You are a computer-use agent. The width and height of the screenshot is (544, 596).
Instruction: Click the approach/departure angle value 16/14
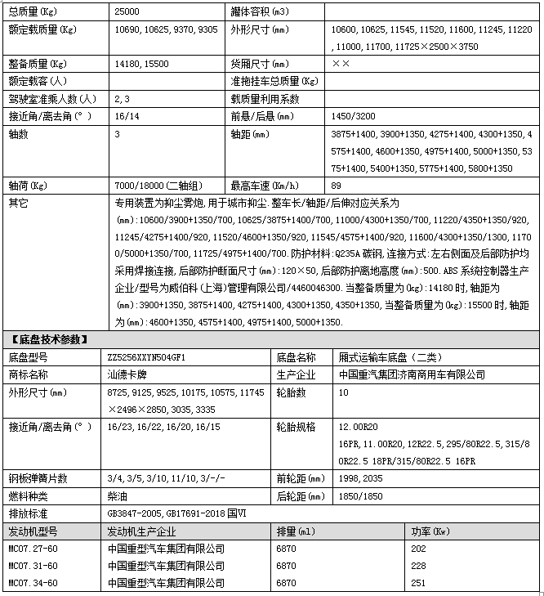coord(128,116)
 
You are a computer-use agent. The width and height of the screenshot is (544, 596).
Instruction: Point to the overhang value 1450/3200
coord(353,116)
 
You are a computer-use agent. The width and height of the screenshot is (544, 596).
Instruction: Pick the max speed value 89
coord(337,185)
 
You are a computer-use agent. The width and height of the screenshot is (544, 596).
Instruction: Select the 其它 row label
coord(17,202)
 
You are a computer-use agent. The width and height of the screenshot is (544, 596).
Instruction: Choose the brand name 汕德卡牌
coord(126,374)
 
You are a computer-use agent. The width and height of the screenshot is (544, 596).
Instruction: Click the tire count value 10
coord(343,392)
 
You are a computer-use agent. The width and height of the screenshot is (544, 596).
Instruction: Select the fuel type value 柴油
coord(117,495)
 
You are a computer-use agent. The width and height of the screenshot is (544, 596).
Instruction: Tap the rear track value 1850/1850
coord(356,495)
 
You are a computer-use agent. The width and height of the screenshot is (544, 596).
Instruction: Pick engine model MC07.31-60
coord(33,565)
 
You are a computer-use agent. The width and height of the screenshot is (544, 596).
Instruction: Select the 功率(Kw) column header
coord(430,531)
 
